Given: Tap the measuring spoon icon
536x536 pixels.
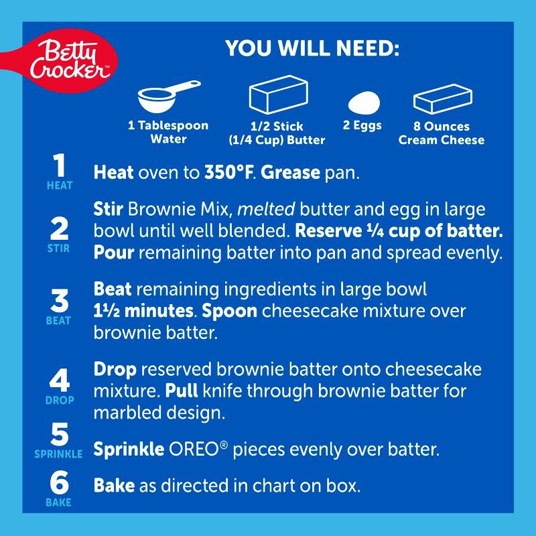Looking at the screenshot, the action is [168, 96].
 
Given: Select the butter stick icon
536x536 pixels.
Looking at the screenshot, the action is [279, 94].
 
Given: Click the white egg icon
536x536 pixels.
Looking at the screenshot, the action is [364, 103].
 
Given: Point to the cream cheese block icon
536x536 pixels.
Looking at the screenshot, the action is [442, 98].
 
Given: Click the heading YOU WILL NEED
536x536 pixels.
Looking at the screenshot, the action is [312, 48].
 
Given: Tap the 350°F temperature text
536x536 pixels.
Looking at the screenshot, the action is [228, 172].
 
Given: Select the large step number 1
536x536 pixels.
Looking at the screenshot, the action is [60, 165].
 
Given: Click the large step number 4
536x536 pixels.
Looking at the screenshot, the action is [60, 380].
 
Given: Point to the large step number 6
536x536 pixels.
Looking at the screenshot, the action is [59, 482].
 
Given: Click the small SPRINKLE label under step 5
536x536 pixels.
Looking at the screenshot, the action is [58, 454].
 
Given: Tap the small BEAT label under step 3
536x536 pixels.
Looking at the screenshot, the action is [58, 321].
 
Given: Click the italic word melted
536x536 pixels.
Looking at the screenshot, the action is [266, 209].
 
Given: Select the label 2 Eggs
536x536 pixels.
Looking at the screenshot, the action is [362, 125].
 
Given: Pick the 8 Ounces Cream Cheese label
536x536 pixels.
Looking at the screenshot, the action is [442, 133].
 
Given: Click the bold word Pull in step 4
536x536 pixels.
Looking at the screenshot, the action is [181, 391].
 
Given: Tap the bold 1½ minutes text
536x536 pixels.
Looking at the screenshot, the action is [143, 311].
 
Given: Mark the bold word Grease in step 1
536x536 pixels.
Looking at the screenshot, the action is [290, 172].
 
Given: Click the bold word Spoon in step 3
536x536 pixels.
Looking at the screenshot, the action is [229, 312].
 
